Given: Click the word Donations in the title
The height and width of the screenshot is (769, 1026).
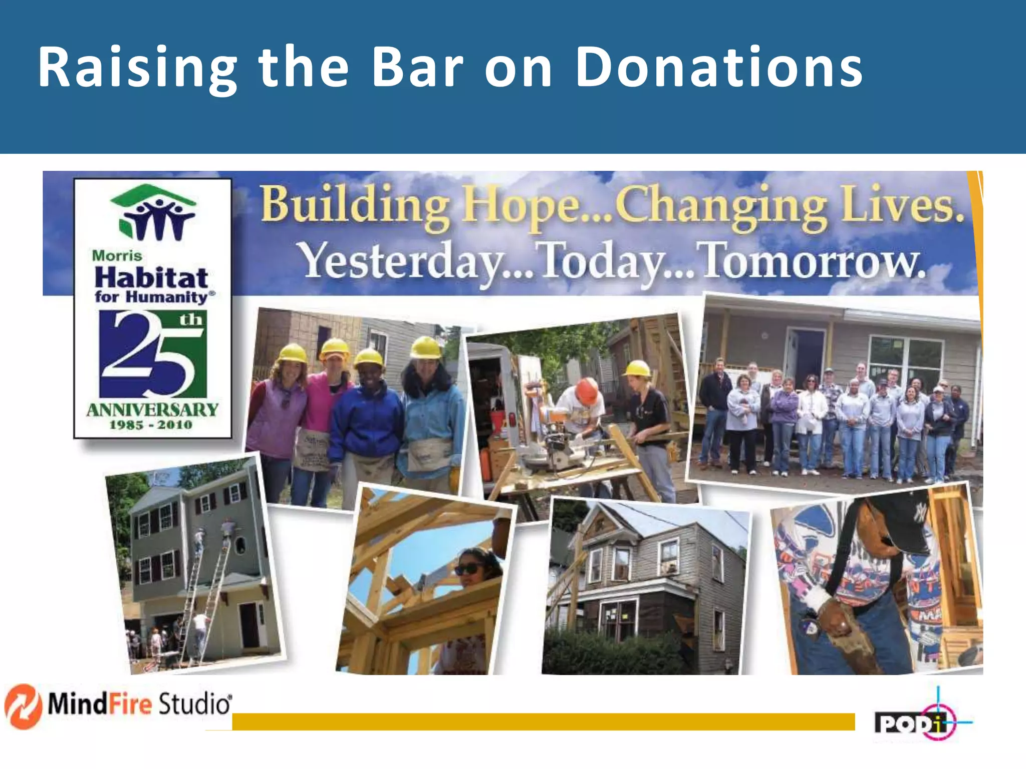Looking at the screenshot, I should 719,68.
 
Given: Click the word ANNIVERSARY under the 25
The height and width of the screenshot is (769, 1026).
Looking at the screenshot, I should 152,410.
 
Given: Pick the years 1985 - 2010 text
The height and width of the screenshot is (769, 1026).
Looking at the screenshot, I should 151,425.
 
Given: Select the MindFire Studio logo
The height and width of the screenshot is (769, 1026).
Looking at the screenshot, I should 118,705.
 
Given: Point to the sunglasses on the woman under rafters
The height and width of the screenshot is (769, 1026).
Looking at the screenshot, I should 468,569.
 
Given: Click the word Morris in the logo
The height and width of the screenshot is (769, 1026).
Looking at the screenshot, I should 117,256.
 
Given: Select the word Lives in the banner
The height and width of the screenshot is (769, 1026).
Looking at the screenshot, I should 902,205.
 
